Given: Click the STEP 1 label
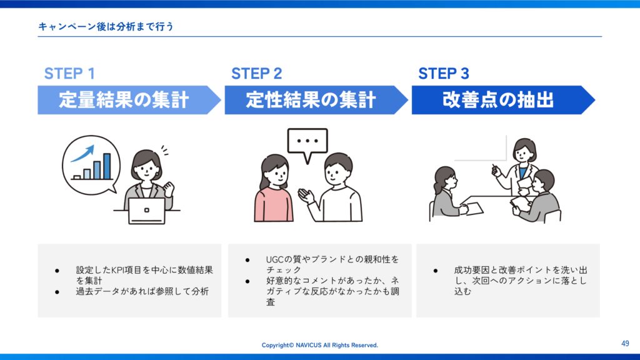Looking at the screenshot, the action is pos(69,74).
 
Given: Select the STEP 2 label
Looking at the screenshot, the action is pos(256,74).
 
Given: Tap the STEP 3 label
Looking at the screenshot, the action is pos(444,74).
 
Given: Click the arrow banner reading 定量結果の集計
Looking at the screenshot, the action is pos(129,100).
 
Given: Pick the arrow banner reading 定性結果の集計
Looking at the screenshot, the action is pos(316,100).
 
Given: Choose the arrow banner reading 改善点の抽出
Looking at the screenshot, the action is pos(503,100).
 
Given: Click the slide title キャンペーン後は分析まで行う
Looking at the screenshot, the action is pos(106,26).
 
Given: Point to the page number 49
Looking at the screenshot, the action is pos(625,344).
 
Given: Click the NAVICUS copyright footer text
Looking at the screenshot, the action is pos(319,345).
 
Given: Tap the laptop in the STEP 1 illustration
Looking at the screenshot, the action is pos(146,211).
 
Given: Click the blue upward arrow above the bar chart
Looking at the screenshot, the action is pos(83,154).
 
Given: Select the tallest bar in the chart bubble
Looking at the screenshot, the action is pos(107,166).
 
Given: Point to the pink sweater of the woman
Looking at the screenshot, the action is pos(273,204).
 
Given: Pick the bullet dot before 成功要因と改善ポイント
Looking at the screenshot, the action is pos(436,271).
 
